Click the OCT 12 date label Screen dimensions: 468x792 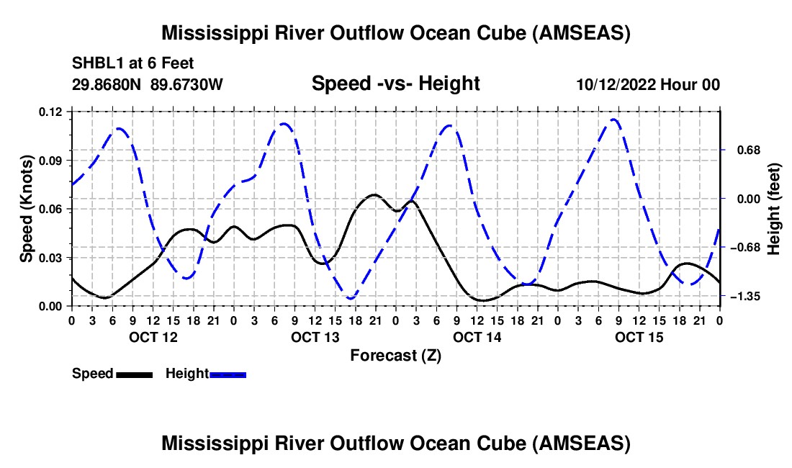tap(153, 337)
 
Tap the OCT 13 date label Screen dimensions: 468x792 tap(315, 337)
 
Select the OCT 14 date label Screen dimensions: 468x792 tap(477, 337)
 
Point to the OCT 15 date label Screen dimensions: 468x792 tap(639, 337)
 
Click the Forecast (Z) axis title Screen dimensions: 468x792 tap(395, 355)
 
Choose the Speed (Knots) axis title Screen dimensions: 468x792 tap(27, 209)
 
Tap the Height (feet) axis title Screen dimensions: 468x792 tap(774, 209)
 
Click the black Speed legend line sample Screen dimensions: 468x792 tap(134, 374)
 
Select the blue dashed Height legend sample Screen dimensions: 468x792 tap(228, 374)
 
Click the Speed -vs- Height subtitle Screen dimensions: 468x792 tap(395, 84)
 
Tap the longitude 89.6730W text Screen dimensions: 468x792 tap(187, 84)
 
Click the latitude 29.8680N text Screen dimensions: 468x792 tap(108, 84)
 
